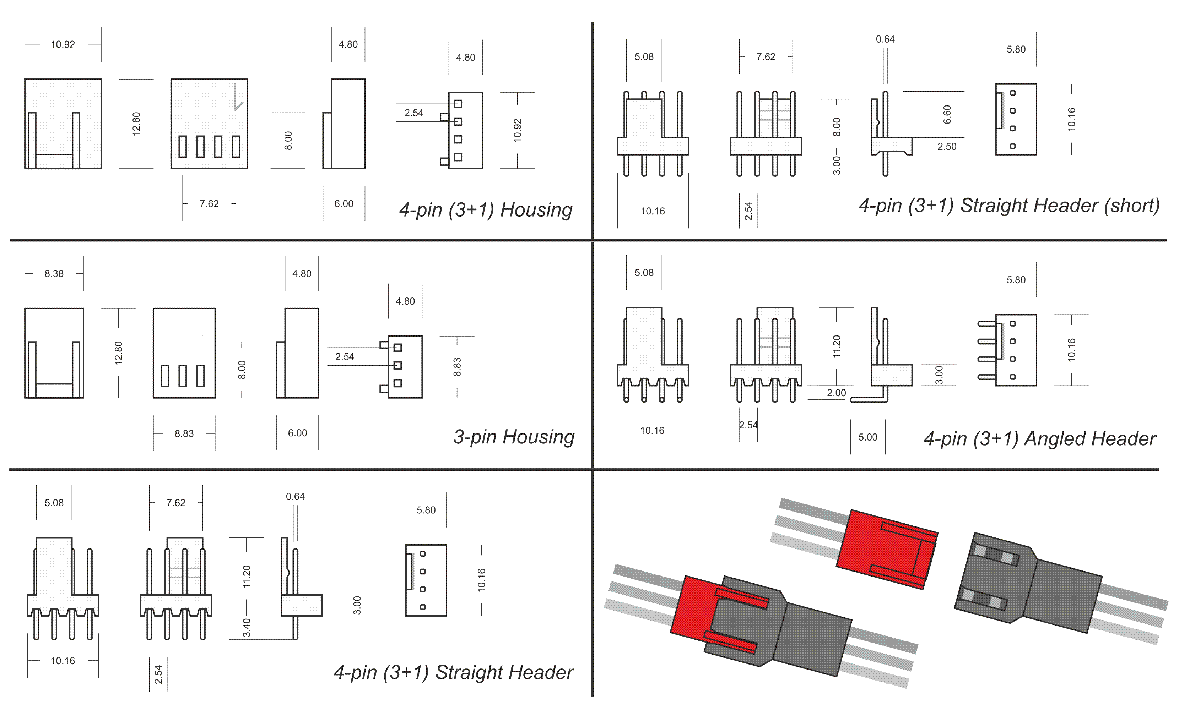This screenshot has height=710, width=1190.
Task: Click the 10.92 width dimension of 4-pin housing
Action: [x=63, y=44]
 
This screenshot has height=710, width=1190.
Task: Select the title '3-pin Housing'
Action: [x=514, y=437]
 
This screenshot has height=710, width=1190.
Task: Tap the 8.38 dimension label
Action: [x=54, y=274]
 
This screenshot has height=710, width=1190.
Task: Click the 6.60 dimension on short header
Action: [x=947, y=114]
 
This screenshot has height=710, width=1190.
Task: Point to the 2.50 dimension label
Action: [x=946, y=146]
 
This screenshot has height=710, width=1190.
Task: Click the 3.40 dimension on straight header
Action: [x=247, y=628]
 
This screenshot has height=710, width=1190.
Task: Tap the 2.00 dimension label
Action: [x=836, y=393]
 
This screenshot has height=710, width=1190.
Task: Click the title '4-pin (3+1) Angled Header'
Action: [x=1039, y=439]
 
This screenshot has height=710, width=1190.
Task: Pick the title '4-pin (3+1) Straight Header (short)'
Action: [x=1008, y=206]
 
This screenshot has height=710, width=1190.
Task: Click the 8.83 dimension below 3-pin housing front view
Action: [x=184, y=433]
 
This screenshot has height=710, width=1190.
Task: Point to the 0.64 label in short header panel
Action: [x=885, y=39]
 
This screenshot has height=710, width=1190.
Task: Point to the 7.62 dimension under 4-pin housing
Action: [x=209, y=204]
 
